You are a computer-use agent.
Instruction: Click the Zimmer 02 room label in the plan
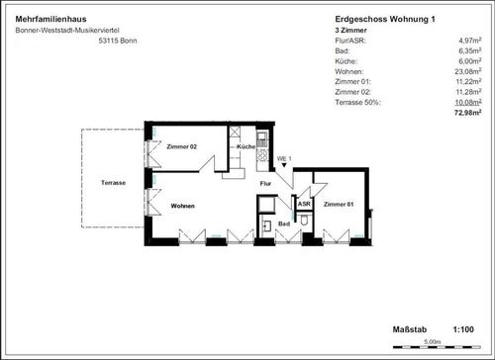(x=182, y=146)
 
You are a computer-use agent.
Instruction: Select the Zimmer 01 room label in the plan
(x=339, y=204)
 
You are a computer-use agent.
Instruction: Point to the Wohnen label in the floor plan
(x=182, y=206)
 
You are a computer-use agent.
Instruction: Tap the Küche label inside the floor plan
(x=246, y=147)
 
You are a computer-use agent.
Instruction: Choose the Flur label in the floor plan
(x=265, y=184)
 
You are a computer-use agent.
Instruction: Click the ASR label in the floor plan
(x=304, y=204)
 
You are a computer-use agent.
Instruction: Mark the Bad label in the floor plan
(x=283, y=225)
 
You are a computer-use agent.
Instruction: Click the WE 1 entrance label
(x=282, y=158)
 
